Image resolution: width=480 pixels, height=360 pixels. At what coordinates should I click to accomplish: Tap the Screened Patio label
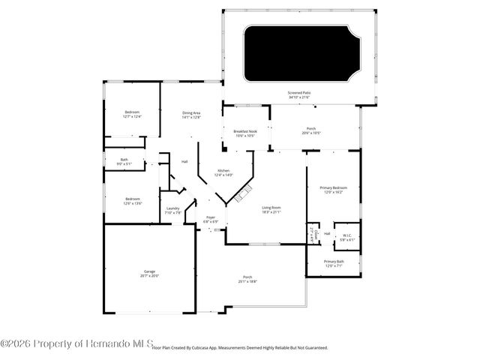tap(299, 93)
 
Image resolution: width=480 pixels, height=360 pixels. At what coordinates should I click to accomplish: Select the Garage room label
tap(149, 271)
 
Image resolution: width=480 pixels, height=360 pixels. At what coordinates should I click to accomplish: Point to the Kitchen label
tap(223, 171)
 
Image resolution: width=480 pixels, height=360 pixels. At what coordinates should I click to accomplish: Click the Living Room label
tap(271, 207)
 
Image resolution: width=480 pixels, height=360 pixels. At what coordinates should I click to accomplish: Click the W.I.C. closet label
tap(347, 235)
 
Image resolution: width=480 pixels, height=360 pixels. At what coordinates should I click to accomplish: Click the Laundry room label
tap(172, 208)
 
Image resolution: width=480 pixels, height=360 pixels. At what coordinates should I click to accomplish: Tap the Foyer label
tap(211, 217)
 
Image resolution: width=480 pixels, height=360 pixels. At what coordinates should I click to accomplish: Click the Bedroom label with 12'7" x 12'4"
tap(132, 112)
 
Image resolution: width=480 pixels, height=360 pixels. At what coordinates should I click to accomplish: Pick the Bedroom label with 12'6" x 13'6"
tap(132, 199)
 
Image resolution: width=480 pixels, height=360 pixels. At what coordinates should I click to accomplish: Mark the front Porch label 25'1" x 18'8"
tap(247, 277)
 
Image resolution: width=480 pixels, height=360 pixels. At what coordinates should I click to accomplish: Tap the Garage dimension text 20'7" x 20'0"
tap(149, 276)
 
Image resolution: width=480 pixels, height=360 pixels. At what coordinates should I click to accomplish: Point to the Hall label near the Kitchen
tap(184, 162)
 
